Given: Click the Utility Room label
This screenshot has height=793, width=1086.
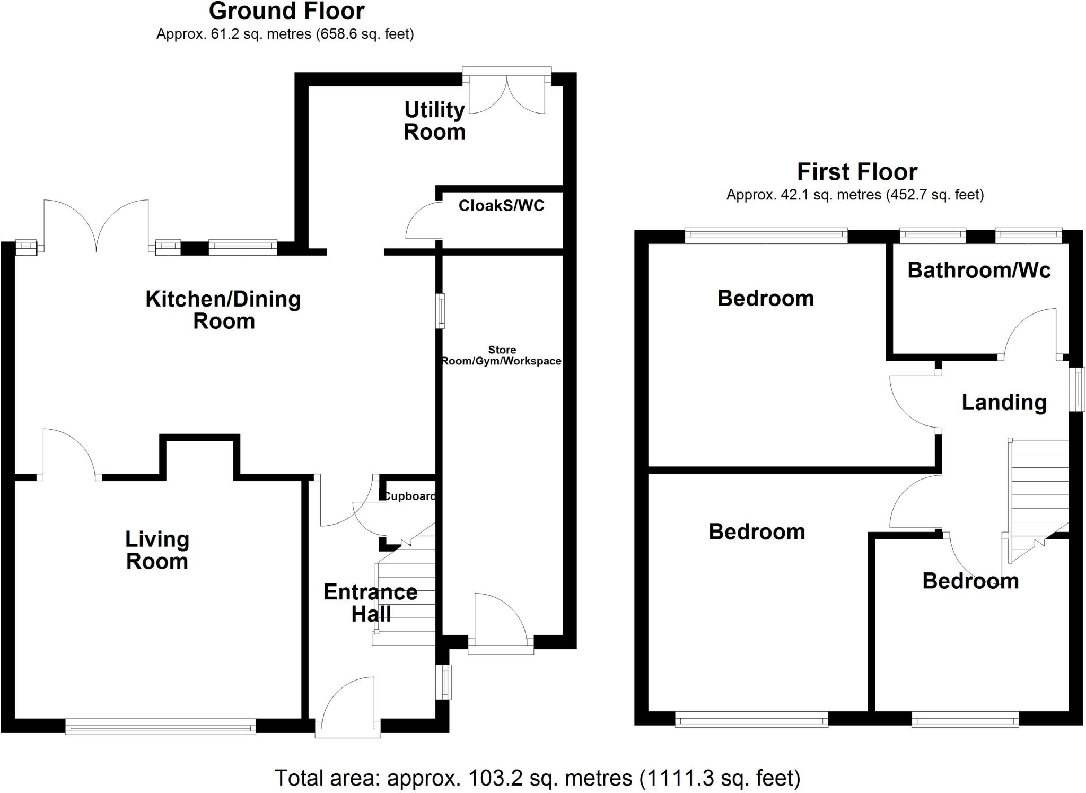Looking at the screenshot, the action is tap(434, 121).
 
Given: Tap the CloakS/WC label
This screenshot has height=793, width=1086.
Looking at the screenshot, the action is tap(501, 206).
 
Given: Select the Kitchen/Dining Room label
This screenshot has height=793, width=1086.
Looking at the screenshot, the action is tap(223, 310).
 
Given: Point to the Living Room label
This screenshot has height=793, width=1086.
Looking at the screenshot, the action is tap(157, 550).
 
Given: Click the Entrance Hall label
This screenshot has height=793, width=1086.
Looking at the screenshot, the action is tap(371, 603).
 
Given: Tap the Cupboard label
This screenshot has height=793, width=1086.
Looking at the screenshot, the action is tap(409, 496).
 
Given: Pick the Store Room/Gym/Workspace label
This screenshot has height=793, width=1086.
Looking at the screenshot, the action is tap(502, 355).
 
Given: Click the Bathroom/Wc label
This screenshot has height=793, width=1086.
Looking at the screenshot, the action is tap(979, 271).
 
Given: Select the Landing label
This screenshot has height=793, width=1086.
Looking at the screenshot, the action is tap(1004, 403).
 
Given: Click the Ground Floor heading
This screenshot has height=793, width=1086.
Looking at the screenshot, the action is tap(286, 11).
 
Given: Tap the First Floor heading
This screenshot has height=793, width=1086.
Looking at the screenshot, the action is tap(857, 172).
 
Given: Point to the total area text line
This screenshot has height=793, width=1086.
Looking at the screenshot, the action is tap(537, 778).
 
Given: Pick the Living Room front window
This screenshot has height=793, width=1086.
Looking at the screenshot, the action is tap(160, 726).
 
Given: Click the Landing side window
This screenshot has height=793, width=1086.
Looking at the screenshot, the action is tap(1076, 389).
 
